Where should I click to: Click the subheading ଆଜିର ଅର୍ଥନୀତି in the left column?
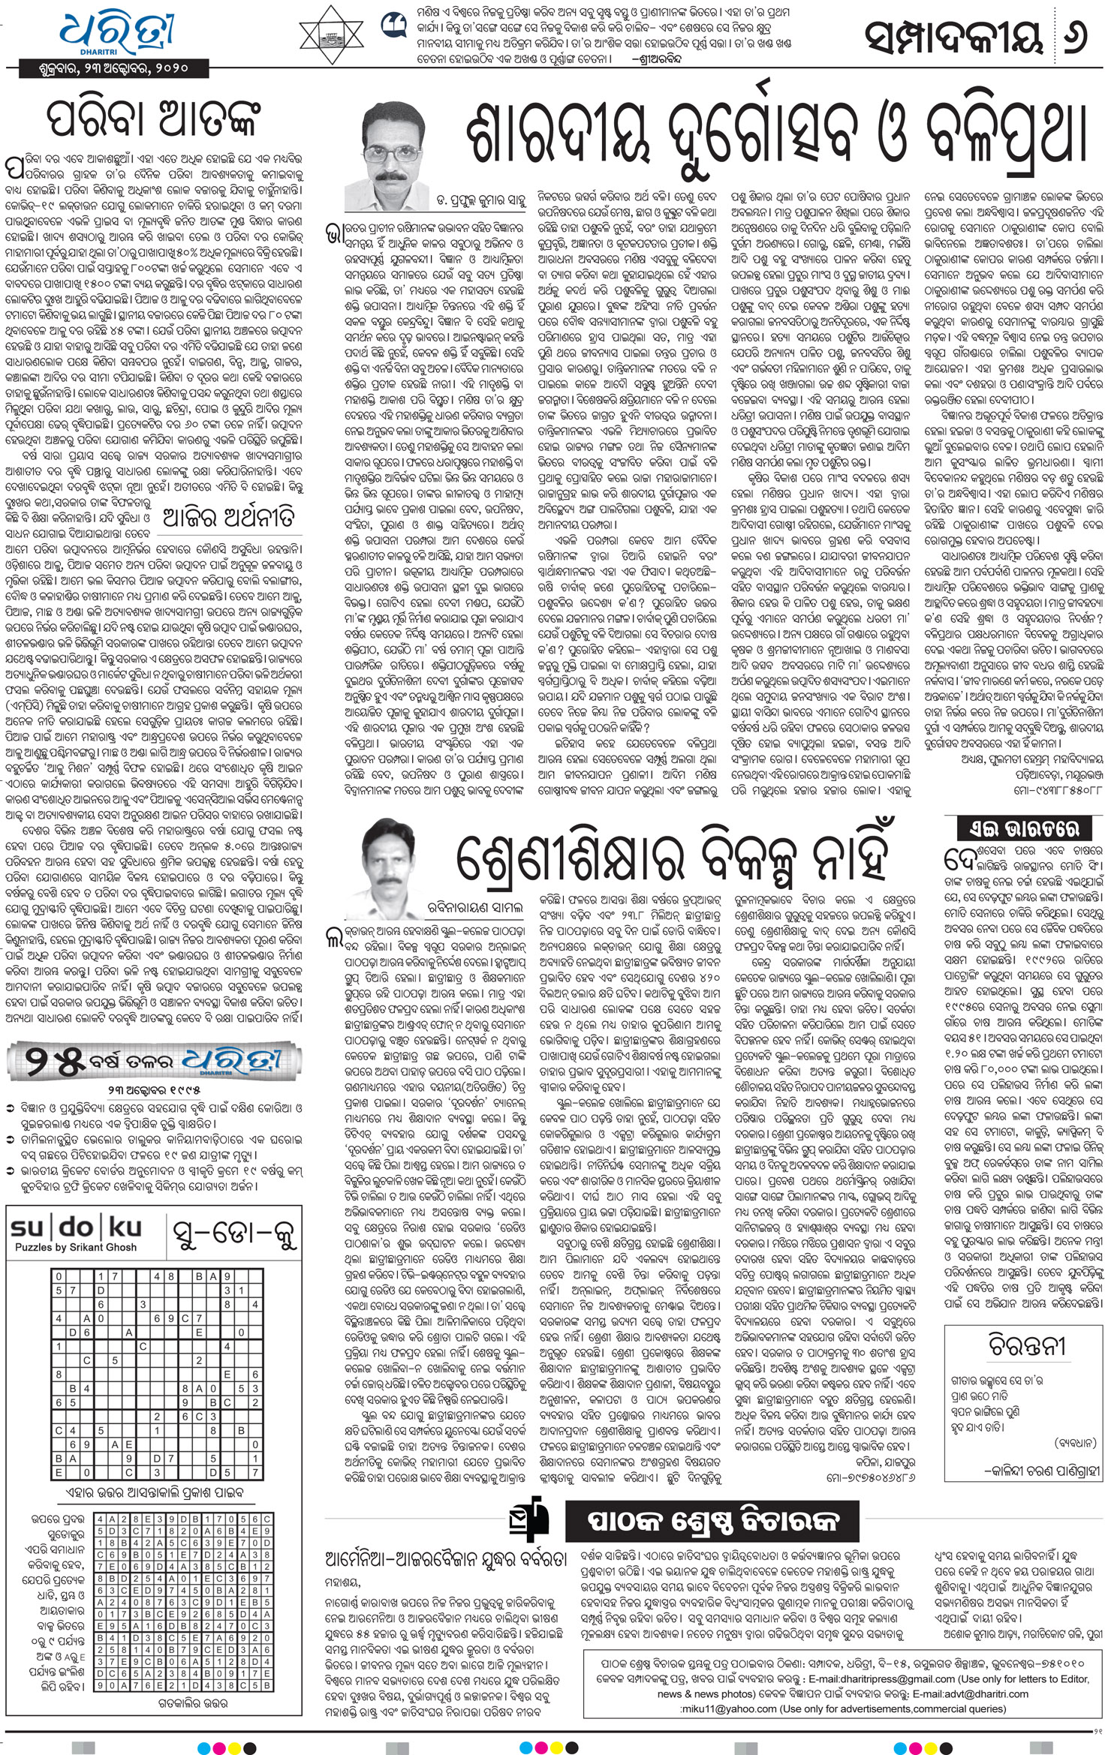pos(229,517)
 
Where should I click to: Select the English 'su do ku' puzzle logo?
pos(76,1227)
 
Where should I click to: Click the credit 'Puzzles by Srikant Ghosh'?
pos(76,1247)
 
